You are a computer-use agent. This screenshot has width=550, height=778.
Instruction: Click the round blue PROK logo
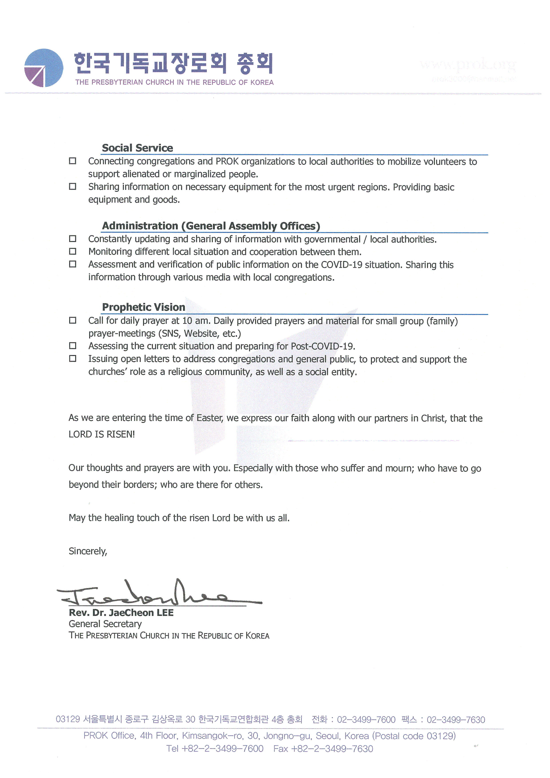point(43,68)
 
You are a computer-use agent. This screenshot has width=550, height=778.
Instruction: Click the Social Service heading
point(137,148)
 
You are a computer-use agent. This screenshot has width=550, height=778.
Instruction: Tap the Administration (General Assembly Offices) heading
point(211,226)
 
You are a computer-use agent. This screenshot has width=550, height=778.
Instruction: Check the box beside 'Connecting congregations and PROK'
point(73,161)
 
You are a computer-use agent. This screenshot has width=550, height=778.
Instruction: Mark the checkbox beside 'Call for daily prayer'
point(73,320)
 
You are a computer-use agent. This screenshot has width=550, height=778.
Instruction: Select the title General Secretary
point(105,624)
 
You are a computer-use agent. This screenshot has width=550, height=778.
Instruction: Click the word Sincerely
point(88,551)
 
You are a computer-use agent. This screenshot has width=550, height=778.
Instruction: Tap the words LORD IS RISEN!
point(102,434)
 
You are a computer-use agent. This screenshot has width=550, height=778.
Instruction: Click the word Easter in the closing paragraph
point(210,418)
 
